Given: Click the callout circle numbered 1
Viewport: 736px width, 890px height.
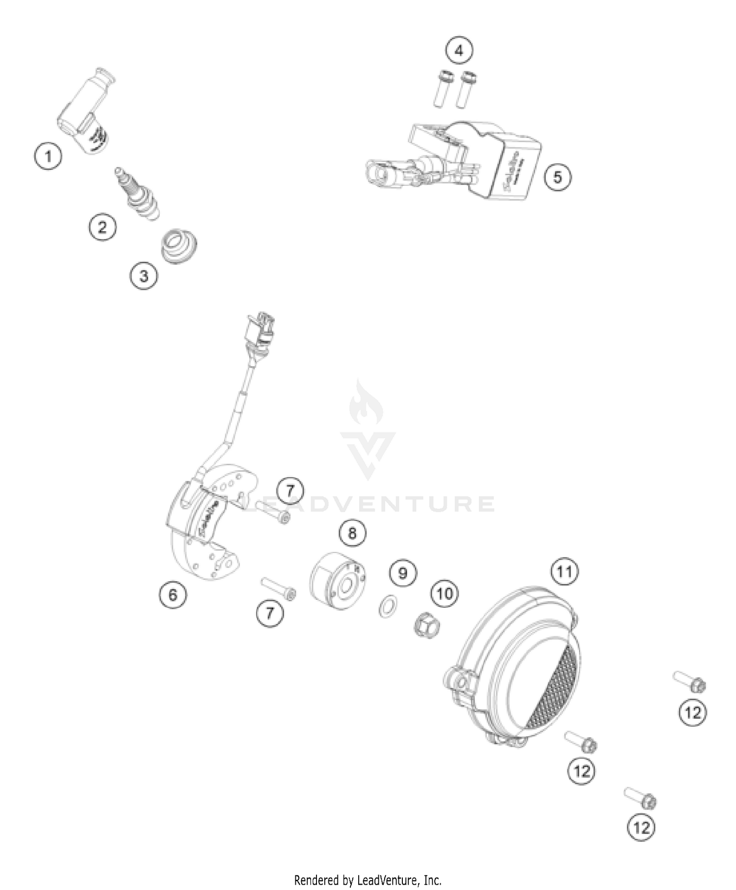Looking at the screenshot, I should point(48,157).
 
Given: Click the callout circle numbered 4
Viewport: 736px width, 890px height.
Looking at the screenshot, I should point(459,51).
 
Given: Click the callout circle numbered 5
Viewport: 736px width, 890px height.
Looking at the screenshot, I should point(557,176).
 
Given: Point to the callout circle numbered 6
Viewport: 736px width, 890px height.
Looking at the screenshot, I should point(173,594).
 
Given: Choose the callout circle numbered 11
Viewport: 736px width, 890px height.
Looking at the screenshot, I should point(564,572).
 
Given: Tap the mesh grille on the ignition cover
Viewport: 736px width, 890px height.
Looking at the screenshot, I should point(554,687).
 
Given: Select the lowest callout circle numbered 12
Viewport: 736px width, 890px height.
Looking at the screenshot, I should point(641,828).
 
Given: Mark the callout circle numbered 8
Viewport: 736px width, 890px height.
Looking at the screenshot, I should point(352,533).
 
